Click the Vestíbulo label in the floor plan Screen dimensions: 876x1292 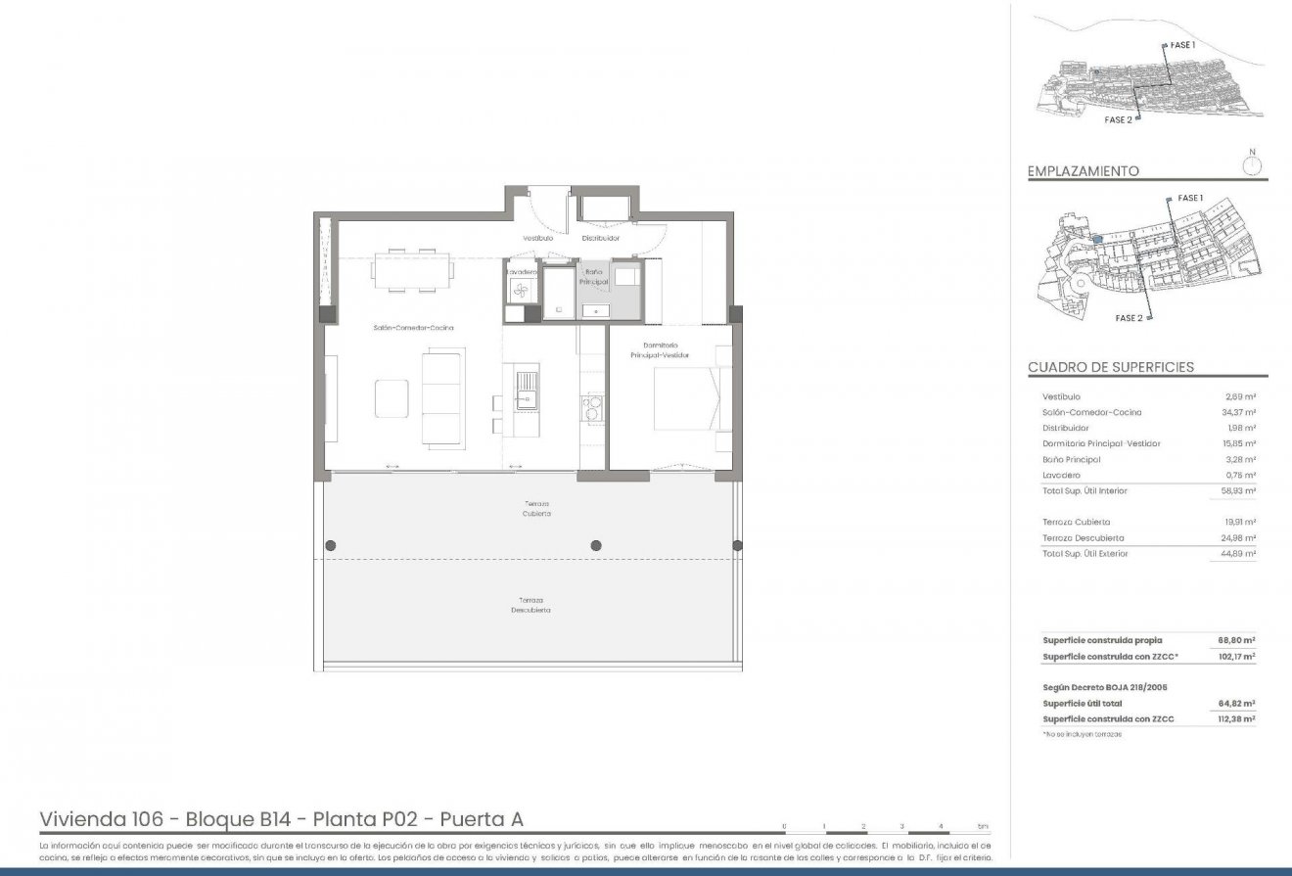pos(537,238)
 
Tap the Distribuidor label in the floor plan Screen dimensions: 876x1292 pos(601,238)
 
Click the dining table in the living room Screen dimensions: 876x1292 pos(412,271)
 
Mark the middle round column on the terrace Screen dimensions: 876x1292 pos(596,545)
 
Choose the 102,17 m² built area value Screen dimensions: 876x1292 pos(1236,657)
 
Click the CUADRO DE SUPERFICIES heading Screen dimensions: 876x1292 pos(1110,367)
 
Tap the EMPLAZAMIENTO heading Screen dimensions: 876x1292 pos(1083,171)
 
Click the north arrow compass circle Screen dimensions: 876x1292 pos(1251,164)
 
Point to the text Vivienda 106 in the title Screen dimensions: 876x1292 pos(94,818)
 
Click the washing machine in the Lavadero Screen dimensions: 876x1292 pos(521,290)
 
